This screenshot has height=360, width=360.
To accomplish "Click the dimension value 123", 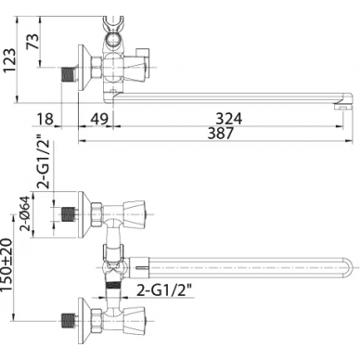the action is [9, 60].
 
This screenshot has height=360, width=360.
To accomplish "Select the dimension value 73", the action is [33, 41].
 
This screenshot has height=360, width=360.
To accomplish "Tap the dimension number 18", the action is [45, 119].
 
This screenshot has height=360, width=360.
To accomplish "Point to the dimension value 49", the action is [99, 119].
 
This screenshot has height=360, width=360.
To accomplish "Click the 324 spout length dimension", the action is [229, 119].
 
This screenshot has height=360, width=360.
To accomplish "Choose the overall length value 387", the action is [220, 134].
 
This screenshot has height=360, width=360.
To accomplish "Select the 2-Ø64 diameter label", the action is [26, 213].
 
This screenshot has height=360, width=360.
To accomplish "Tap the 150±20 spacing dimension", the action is [7, 264].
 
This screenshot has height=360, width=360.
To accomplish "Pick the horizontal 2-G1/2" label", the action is [164, 290].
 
